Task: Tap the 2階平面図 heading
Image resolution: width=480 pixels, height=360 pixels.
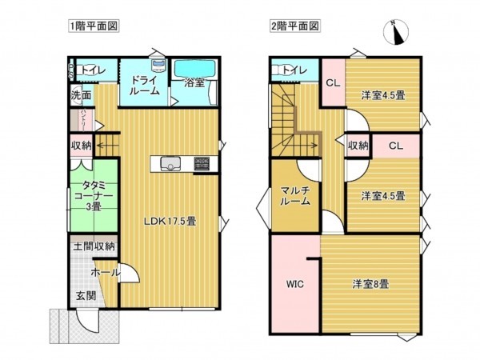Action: [x=294, y=26]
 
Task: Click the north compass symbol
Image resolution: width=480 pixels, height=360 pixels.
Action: [x=395, y=32]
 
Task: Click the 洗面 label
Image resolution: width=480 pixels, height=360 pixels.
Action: [x=81, y=95]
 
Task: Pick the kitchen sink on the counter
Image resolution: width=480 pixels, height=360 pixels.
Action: [x=170, y=166]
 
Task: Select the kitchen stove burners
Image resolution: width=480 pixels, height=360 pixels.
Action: [x=201, y=165]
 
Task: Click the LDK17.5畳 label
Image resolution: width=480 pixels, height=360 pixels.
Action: [x=170, y=222]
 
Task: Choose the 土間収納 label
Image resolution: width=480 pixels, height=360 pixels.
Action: [x=94, y=247]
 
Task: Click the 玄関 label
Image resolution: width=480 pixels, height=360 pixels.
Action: [x=86, y=296]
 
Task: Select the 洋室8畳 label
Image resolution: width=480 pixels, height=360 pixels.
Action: [x=370, y=283]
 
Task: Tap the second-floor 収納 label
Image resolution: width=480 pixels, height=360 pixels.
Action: [x=358, y=146]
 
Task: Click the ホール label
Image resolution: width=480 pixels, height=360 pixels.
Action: [x=106, y=273]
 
